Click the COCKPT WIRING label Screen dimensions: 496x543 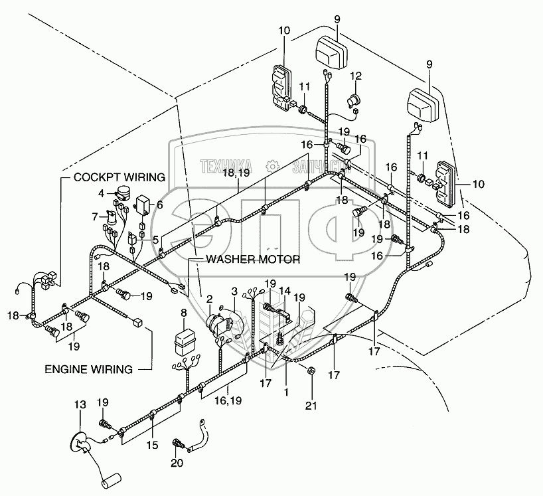pos(119,177)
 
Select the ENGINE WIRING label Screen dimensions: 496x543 pos(89,369)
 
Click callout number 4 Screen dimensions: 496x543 pos(102,193)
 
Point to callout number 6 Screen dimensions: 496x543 pos(159,205)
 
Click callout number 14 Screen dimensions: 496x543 pos(284,290)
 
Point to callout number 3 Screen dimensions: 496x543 pos(234,290)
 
